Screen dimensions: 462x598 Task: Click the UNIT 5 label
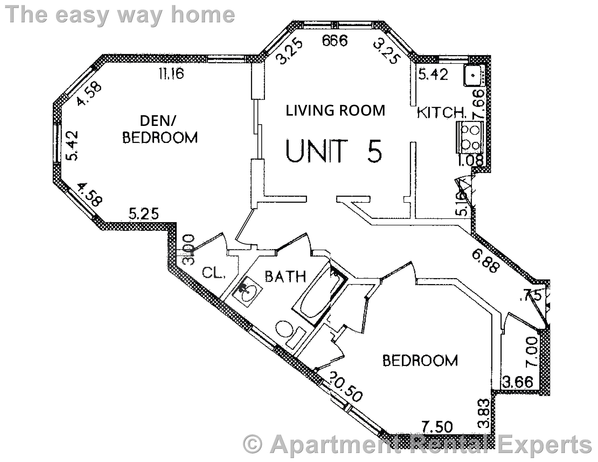[333, 151]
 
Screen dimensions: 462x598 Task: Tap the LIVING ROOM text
[335, 111]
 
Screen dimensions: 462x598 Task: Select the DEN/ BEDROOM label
[159, 129]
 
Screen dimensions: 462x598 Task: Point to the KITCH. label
[441, 113]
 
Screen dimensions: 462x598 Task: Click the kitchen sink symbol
[473, 75]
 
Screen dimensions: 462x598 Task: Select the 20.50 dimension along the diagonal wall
[346, 387]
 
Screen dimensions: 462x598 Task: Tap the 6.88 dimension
[486, 262]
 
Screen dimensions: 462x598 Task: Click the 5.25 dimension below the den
[144, 214]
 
